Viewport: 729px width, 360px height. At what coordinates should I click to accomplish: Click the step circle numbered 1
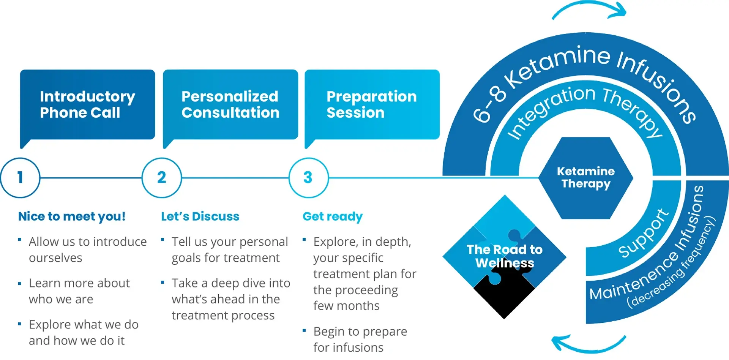pos(20,178)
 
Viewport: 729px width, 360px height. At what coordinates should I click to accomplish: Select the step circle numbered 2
pos(162,178)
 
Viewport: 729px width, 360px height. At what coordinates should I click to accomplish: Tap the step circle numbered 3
pos(308,178)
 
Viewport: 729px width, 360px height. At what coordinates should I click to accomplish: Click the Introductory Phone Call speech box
pos(87,104)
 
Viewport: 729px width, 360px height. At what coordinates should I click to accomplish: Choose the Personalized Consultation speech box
pos(230,104)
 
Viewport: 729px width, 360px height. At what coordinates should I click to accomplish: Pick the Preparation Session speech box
pos(372,104)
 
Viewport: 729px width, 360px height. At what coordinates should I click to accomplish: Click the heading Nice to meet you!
pos(72,216)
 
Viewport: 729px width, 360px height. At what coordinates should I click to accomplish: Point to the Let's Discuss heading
pos(200,216)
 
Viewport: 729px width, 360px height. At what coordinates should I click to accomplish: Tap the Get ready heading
pos(333,216)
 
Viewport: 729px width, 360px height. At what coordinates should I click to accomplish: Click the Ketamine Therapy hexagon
pos(585,178)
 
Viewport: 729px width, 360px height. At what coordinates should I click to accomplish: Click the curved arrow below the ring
pos(589,344)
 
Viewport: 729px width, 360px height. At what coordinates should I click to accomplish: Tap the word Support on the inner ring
pos(643,234)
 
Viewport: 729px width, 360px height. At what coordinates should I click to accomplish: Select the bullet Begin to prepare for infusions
pos(360,339)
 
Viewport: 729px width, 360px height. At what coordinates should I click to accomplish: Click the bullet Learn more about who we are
pos(79,291)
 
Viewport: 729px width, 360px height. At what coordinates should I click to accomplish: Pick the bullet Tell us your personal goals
pos(229,249)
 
